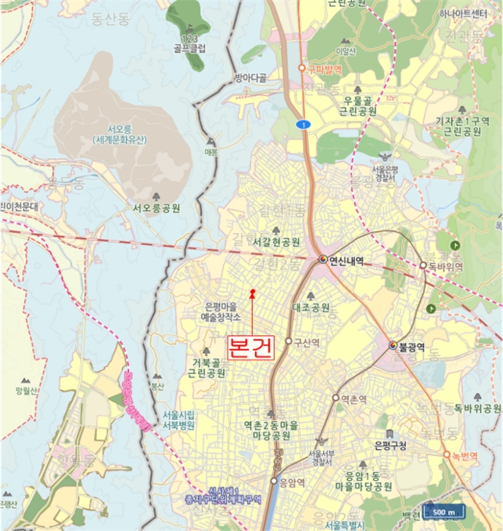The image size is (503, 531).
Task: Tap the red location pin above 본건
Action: (x=252, y=292)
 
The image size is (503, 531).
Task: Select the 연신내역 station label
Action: (x=346, y=260)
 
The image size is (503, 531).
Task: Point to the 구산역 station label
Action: (x=307, y=342)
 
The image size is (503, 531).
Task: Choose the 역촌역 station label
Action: (x=354, y=397)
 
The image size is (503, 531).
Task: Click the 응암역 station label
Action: (x=292, y=482)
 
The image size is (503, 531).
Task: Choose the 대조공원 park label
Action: (x=310, y=308)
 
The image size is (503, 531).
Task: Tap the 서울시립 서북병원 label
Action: (x=179, y=420)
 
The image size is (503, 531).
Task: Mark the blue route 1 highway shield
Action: (x=302, y=124)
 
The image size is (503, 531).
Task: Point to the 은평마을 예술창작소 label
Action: (x=222, y=312)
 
